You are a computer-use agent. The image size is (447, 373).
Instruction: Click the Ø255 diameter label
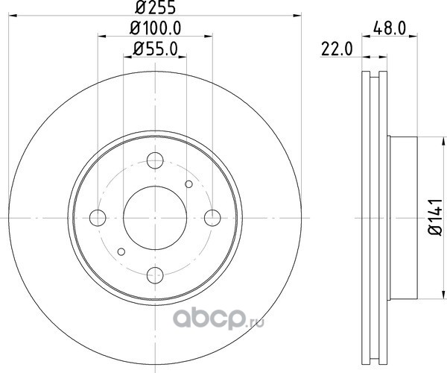pyautogui.click(x=155, y=7)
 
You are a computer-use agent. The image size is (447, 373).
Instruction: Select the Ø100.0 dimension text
pyautogui.click(x=156, y=28)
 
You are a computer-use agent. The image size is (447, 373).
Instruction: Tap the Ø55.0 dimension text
pyautogui.click(x=156, y=48)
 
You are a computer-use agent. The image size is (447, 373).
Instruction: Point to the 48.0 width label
pyautogui.click(x=390, y=28)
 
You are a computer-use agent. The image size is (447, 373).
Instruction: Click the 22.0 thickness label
pyautogui.click(x=337, y=49)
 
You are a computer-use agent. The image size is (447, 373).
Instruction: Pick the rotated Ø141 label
pyautogui.click(x=435, y=218)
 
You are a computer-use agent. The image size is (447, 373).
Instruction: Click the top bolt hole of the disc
pyautogui.click(x=155, y=160)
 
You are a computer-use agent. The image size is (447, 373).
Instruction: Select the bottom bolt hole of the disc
pyautogui.click(x=155, y=275)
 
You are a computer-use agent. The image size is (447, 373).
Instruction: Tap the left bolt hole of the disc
pyautogui.click(x=98, y=218)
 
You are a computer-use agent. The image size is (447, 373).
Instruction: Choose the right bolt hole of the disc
pyautogui.click(x=212, y=218)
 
